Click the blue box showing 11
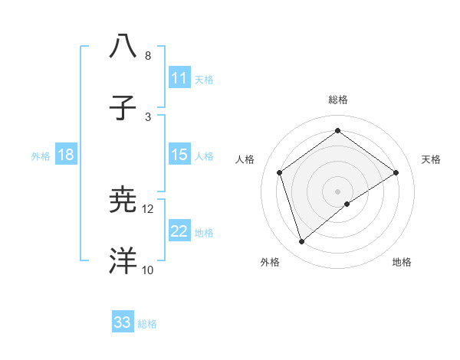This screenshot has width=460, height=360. (x=179, y=78)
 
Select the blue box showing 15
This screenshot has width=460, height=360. (x=179, y=155)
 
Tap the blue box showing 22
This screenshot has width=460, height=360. (x=179, y=231)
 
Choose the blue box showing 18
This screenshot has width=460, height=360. (x=66, y=155)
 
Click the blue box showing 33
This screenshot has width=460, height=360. (x=123, y=322)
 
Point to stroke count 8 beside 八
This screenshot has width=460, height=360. (x=148, y=56)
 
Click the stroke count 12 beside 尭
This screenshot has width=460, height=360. (x=148, y=209)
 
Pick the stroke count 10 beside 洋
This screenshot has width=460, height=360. (x=148, y=270)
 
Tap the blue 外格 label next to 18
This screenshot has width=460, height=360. (x=41, y=156)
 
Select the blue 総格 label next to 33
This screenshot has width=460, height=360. (x=147, y=324)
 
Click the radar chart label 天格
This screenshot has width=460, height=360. (x=431, y=159)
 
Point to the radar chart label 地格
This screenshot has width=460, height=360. (x=402, y=262)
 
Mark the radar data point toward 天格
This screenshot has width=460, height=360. (x=396, y=172)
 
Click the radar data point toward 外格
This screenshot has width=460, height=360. (x=302, y=242)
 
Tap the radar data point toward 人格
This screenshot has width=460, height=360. (x=280, y=172)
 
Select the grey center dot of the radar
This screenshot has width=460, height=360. (x=338, y=191)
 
